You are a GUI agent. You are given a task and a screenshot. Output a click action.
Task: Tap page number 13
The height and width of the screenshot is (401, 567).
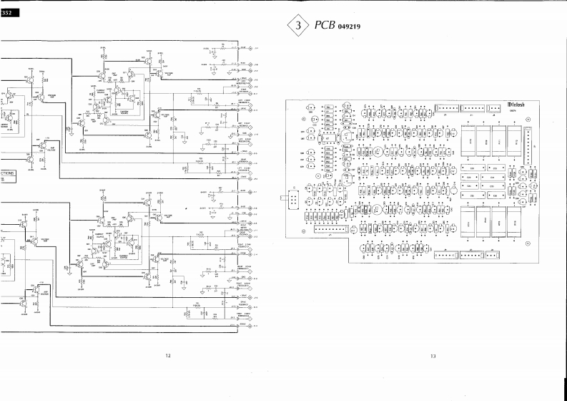[433, 356]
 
